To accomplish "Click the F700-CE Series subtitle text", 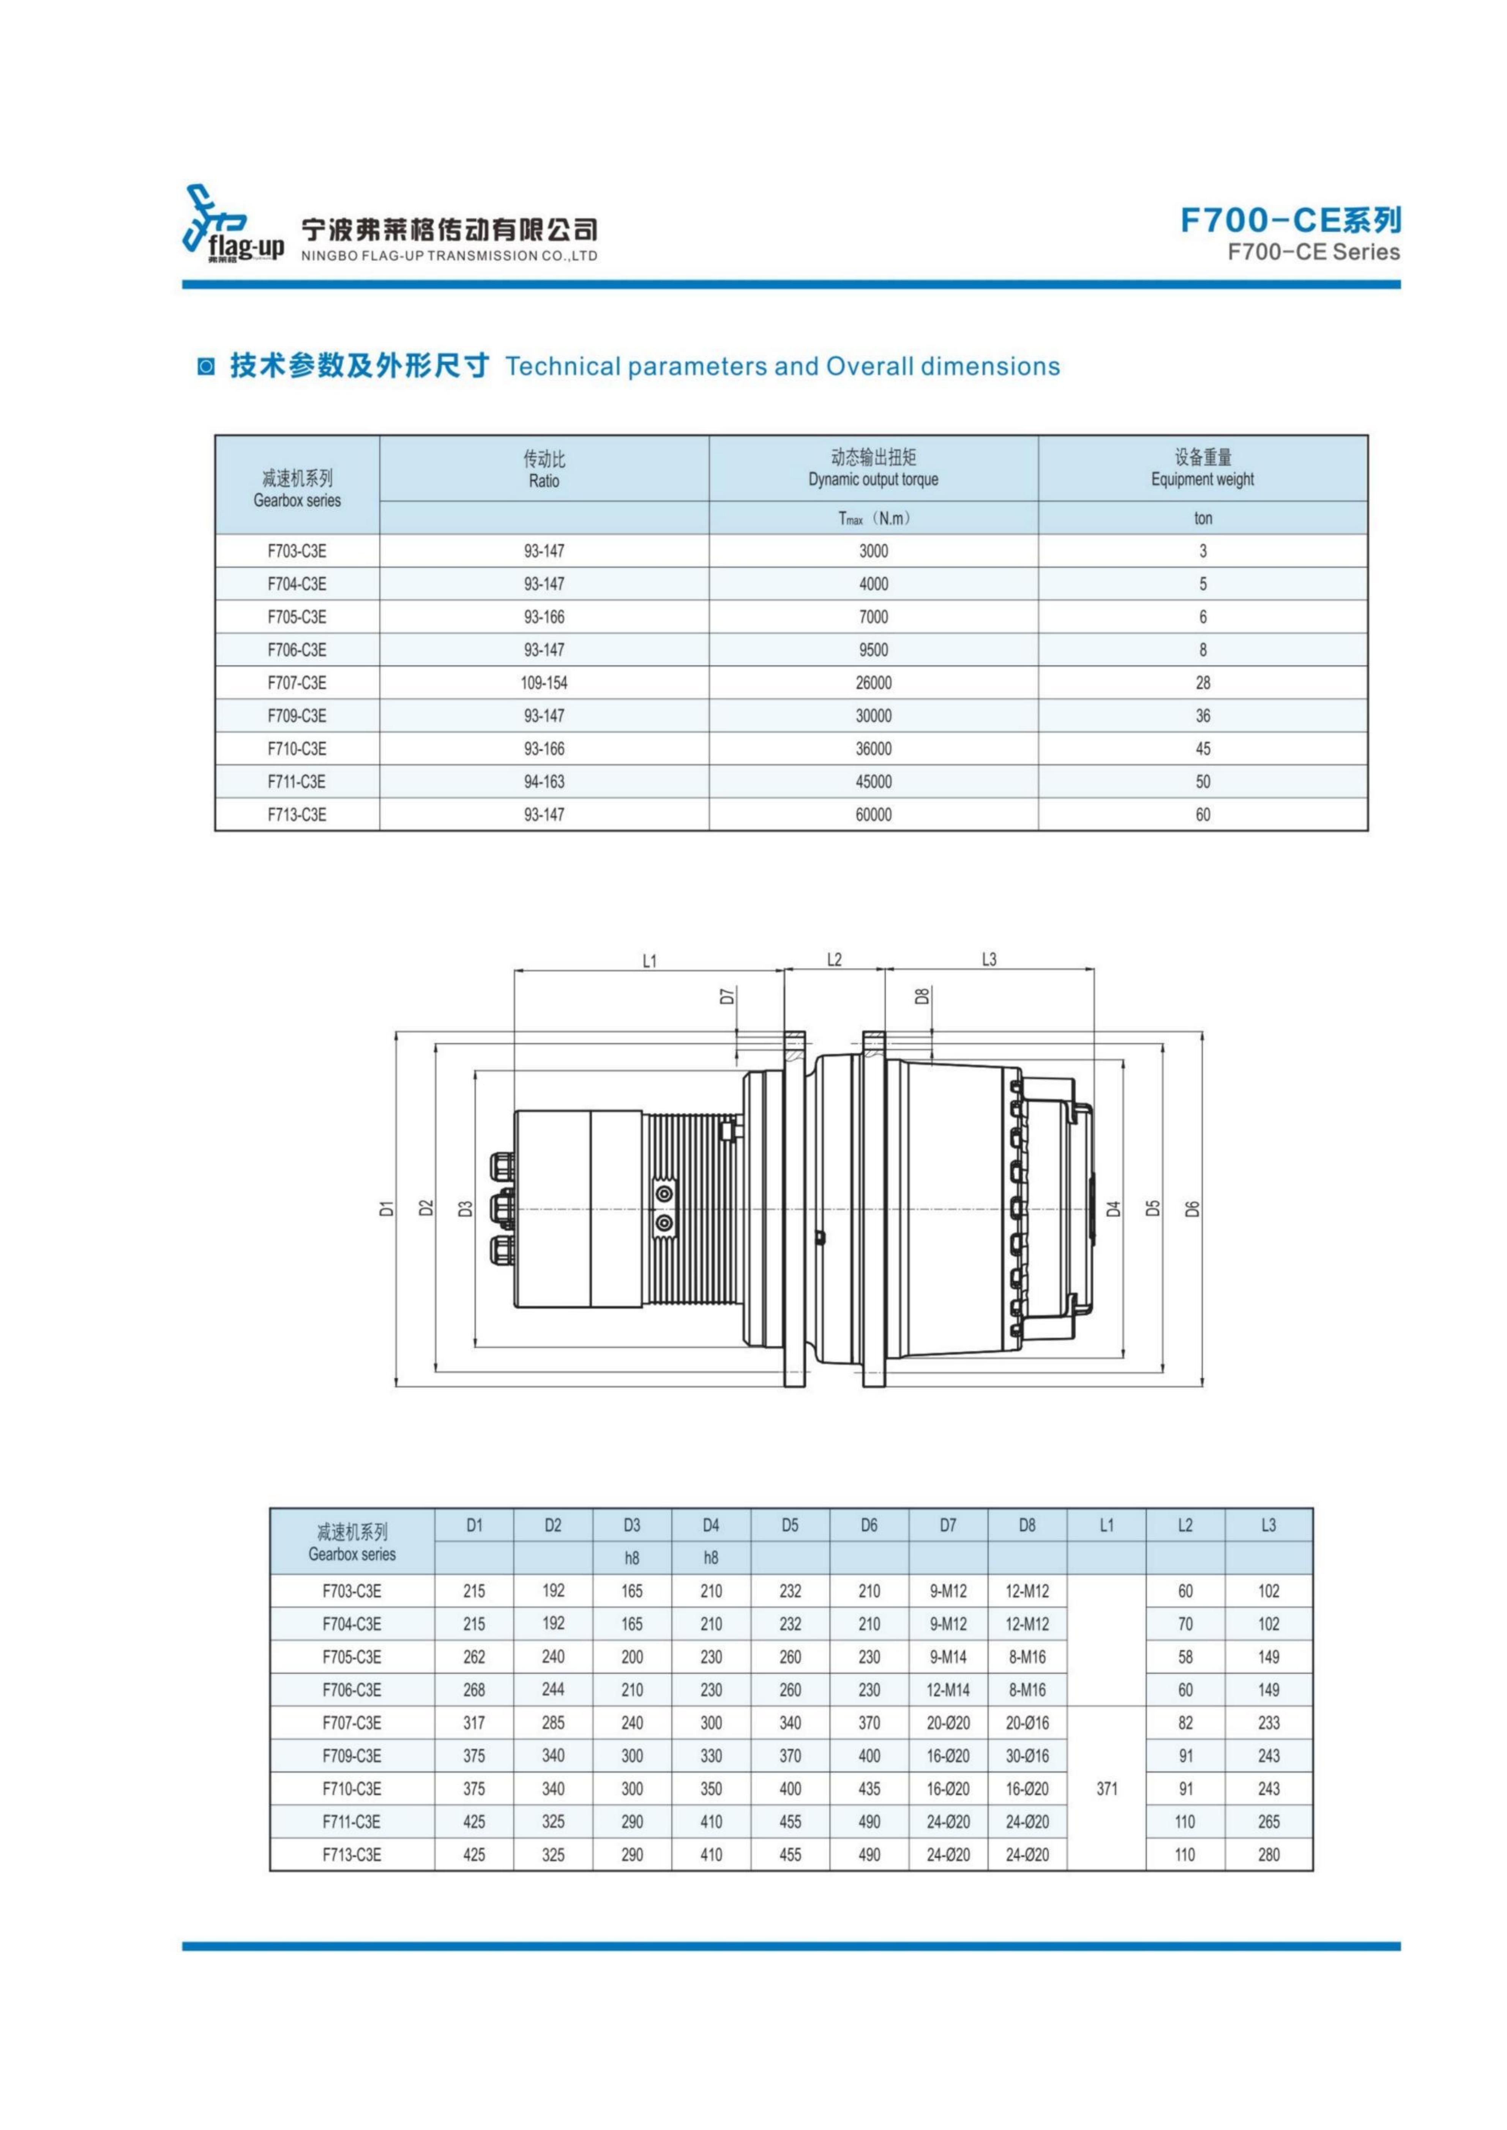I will point(1313,252).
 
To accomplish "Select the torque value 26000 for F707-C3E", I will point(873,683).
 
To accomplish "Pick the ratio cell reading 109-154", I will point(544,683).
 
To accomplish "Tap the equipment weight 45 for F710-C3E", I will point(1202,749).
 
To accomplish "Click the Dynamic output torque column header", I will point(873,480).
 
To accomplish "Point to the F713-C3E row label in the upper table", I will point(297,814).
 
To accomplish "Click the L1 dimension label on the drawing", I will point(650,961).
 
